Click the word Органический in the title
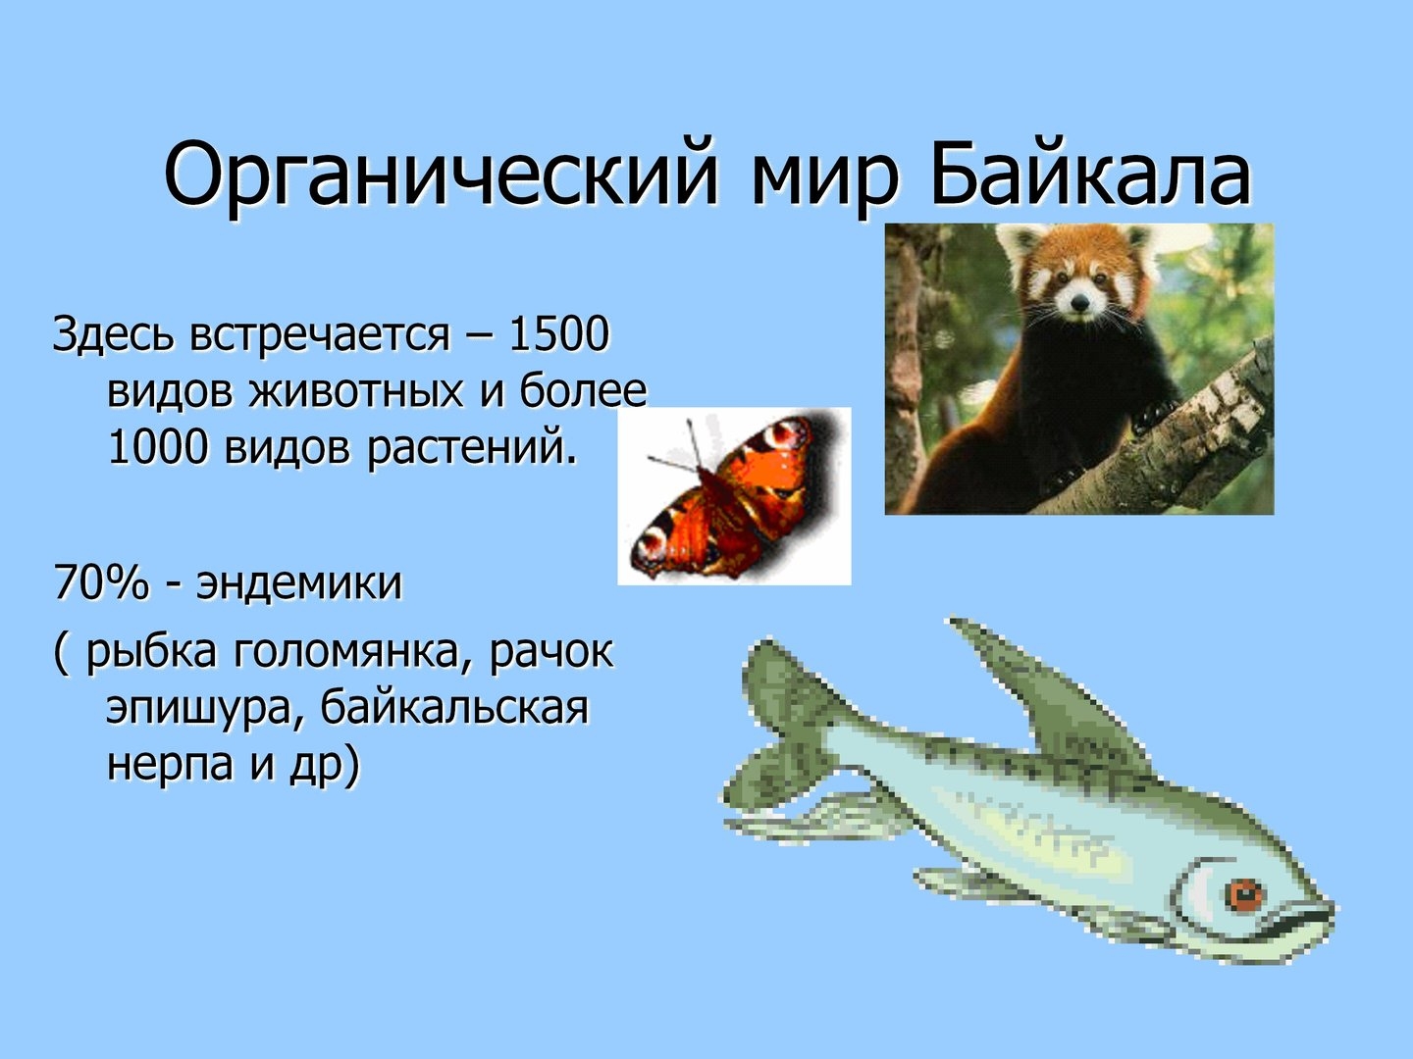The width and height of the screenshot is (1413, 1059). click(441, 177)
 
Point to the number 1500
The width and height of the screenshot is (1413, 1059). click(558, 334)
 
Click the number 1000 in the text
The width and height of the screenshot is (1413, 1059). click(158, 447)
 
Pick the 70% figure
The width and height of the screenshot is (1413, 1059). click(101, 583)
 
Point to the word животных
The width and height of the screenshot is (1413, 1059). click(356, 392)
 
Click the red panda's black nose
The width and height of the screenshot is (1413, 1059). click(1080, 301)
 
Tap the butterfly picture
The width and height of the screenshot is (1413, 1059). click(734, 496)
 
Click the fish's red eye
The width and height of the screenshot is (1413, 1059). click(1244, 895)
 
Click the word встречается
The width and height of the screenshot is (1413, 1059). click(320, 335)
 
